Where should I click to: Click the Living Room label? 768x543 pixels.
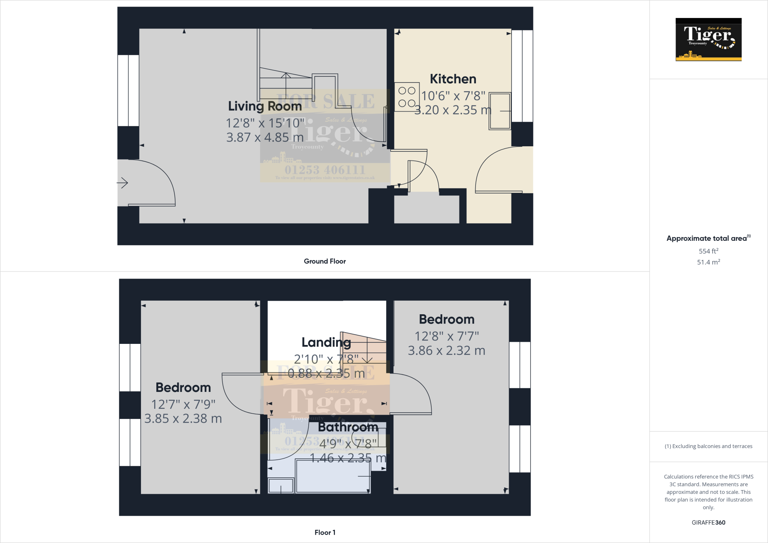265,106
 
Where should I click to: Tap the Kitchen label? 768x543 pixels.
453,79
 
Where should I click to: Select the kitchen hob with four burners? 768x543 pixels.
406,97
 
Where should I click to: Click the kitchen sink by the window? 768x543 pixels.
500,111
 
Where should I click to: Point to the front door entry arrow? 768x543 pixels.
123,183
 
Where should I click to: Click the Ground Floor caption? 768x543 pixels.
325,261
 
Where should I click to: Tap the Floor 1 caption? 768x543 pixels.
325,532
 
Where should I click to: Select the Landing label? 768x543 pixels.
326,342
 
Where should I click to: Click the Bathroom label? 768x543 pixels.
348,427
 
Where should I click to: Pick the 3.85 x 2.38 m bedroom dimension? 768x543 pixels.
183,418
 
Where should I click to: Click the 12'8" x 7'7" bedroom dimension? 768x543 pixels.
447,336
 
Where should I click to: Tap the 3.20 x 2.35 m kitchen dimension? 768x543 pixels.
453,110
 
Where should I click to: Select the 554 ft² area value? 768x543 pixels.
708,251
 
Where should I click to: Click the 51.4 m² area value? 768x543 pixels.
708,262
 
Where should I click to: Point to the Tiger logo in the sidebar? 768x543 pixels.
708,39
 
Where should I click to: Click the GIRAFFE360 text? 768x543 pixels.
708,522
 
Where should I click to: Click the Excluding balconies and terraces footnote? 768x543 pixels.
708,446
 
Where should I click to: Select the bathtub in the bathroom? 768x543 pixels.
332,476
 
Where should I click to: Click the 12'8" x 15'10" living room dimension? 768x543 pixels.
265,123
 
